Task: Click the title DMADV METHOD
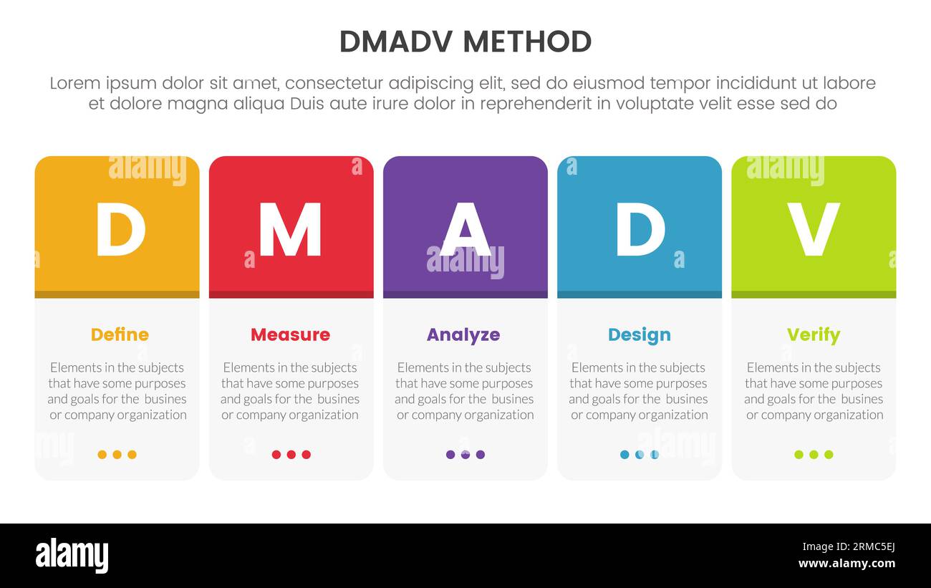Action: click(465, 42)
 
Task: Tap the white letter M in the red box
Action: click(290, 229)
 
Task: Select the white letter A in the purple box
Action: click(465, 229)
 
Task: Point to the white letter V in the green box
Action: click(813, 229)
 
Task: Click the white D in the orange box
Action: click(120, 229)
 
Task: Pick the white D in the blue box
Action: click(640, 229)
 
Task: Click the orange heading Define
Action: click(120, 334)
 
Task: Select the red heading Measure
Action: click(290, 334)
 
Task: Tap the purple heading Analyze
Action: click(463, 334)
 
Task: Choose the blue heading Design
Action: click(640, 334)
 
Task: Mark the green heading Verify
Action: click(813, 334)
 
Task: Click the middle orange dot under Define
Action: click(117, 454)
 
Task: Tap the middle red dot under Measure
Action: click(291, 454)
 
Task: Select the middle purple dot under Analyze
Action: click(465, 454)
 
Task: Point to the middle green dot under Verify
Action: click(814, 454)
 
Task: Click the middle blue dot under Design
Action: click(640, 454)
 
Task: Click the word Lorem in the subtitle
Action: click(74, 83)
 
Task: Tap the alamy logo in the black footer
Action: click(72, 556)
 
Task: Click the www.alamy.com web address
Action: click(846, 564)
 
